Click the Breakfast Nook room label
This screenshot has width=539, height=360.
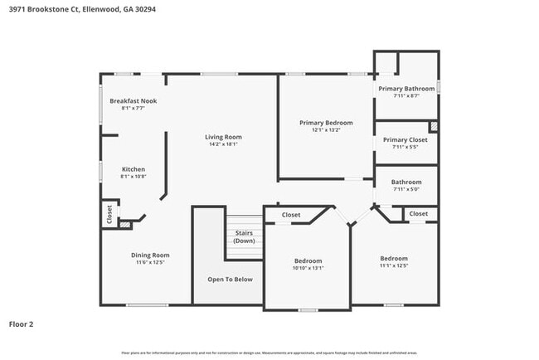pyautogui.click(x=133, y=101)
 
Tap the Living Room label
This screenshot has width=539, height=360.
pyautogui.click(x=223, y=137)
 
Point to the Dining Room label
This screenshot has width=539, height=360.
pyautogui.click(x=150, y=255)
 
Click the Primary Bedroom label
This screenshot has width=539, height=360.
pyautogui.click(x=326, y=123)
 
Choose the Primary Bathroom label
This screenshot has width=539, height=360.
pyautogui.click(x=406, y=88)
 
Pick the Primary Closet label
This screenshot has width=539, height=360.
pyautogui.click(x=405, y=139)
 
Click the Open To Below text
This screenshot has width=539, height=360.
pyautogui.click(x=230, y=279)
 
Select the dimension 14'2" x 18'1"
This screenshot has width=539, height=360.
pyautogui.click(x=223, y=144)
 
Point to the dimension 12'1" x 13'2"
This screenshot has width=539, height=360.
pyautogui.click(x=326, y=130)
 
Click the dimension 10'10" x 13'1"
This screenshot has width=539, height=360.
pyautogui.click(x=308, y=268)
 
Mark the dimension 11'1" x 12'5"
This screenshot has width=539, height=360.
pyautogui.click(x=394, y=265)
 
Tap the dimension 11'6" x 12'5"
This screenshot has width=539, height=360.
pyautogui.click(x=150, y=262)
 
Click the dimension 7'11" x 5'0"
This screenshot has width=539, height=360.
pyautogui.click(x=406, y=190)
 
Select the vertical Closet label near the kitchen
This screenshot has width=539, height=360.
pyautogui.click(x=109, y=214)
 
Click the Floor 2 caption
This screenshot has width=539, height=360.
pyautogui.click(x=21, y=324)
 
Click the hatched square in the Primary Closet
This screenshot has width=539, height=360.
pyautogui.click(x=433, y=126)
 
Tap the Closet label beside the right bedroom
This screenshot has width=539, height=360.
pyautogui.click(x=419, y=214)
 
